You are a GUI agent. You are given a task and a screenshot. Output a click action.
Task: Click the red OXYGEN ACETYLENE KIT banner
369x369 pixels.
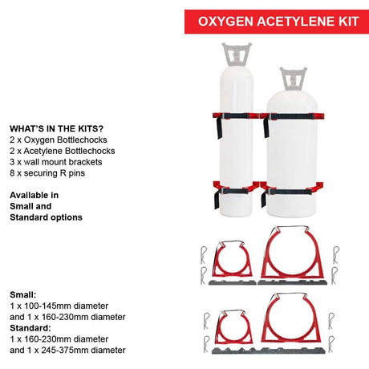tap(277, 22)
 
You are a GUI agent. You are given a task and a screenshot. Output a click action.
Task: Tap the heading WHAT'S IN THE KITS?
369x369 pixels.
tap(56, 128)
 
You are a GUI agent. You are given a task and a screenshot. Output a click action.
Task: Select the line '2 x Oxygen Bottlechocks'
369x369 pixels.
tap(59, 140)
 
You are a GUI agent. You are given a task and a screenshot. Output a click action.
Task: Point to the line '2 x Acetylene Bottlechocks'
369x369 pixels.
tap(63, 151)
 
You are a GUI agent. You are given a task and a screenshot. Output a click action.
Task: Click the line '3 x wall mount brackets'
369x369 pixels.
tap(56, 162)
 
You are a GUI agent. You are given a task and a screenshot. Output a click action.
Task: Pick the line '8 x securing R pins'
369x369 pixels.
tap(47, 173)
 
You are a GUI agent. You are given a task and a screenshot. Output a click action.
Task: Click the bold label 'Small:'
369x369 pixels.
tap(22, 295)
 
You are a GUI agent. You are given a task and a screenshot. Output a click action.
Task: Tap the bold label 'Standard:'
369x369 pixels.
tap(30, 328)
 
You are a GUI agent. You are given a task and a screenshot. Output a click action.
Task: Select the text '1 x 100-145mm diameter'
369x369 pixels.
tap(59, 306)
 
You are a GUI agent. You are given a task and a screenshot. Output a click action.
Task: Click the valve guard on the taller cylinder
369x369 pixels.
tap(237, 55)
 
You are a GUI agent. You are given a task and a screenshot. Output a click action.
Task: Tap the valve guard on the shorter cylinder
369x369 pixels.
tap(293, 79)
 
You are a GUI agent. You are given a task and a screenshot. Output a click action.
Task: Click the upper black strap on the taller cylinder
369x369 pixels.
tap(234, 117)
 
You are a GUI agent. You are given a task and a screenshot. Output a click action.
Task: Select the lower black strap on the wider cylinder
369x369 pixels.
tap(289, 192)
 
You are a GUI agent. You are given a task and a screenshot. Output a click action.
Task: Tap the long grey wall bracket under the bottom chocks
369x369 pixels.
tap(269, 351)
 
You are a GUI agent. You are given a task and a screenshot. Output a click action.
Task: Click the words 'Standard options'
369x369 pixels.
tap(46, 217)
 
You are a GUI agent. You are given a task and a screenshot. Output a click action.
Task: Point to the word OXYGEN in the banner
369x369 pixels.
tap(226, 22)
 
